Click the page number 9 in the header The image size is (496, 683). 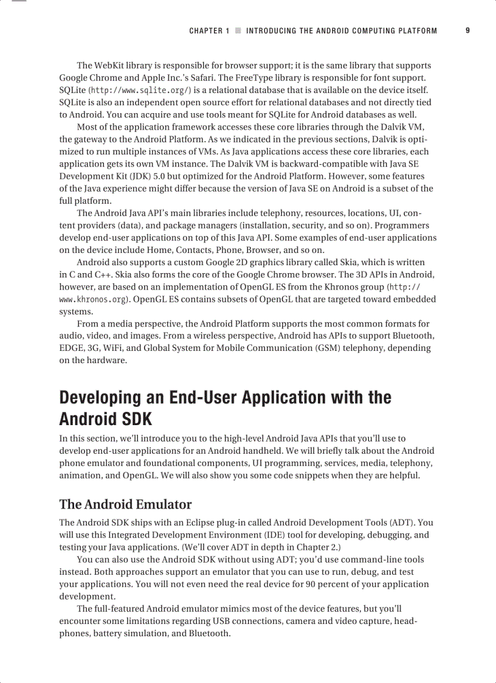coord(467,30)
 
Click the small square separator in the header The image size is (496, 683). coord(238,30)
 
